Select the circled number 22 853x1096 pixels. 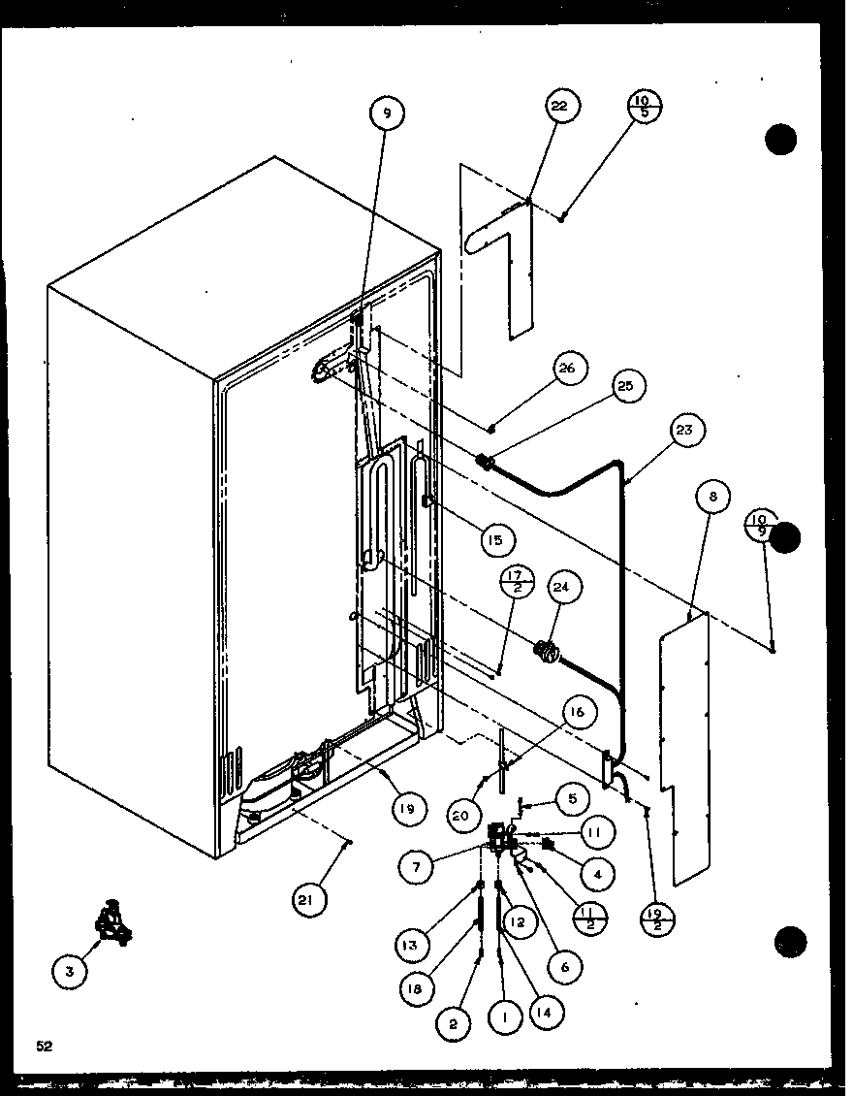[x=559, y=106]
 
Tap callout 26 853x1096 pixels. [x=567, y=368]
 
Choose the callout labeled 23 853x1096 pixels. [x=689, y=429]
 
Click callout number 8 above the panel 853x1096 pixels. [x=712, y=498]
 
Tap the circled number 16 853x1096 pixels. [x=577, y=714]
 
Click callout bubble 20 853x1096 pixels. [x=460, y=816]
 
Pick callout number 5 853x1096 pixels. [x=572, y=799]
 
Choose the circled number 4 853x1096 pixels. [x=598, y=873]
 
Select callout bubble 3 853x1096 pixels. [x=69, y=968]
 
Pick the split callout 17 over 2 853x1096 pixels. [x=515, y=585]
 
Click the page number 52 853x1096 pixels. [x=44, y=1045]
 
